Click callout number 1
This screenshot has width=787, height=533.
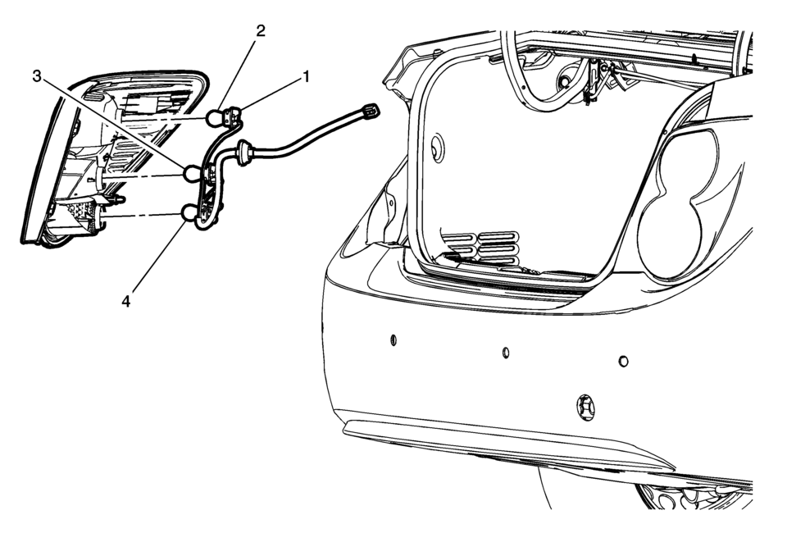(x=307, y=77)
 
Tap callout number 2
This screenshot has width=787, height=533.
(x=260, y=31)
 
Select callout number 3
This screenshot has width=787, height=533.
(x=37, y=77)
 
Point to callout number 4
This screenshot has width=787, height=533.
(x=125, y=301)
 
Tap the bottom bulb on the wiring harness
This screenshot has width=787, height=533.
(x=192, y=215)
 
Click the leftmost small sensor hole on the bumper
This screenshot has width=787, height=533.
(x=393, y=339)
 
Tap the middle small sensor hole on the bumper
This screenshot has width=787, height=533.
(x=506, y=353)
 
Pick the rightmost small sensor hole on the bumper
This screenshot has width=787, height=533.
(x=623, y=361)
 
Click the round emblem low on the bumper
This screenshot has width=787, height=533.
(x=585, y=407)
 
